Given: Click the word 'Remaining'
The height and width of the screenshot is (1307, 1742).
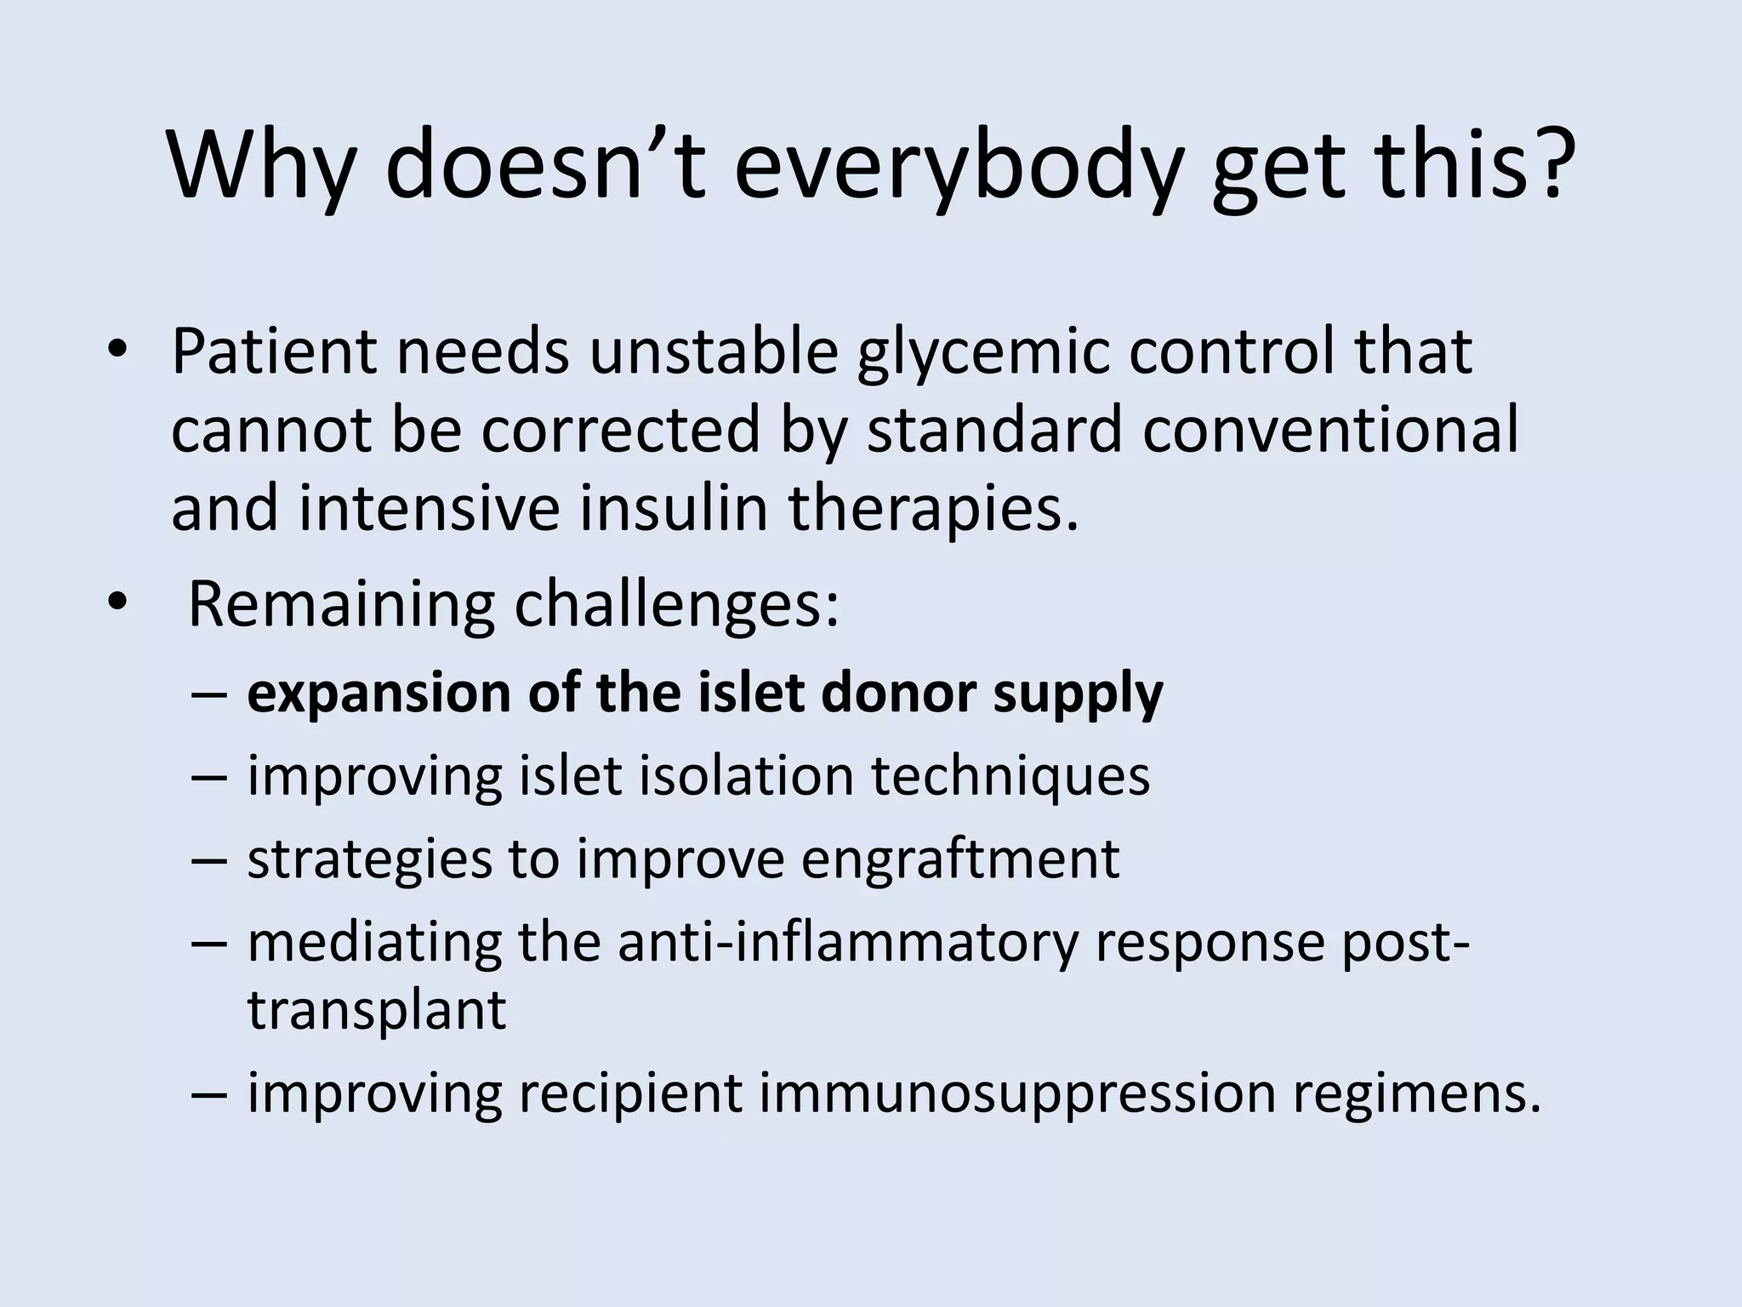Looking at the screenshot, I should click(x=340, y=606).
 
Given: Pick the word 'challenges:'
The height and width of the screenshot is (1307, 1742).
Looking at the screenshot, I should click(x=677, y=606).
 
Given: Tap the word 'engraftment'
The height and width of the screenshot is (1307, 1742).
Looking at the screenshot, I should click(x=959, y=860).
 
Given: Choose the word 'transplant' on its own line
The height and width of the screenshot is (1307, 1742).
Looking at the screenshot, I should click(x=377, y=1011).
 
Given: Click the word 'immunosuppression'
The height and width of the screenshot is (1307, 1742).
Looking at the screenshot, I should click(x=1017, y=1093).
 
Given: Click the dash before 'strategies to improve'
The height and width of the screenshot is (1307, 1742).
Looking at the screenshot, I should click(x=209, y=859).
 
